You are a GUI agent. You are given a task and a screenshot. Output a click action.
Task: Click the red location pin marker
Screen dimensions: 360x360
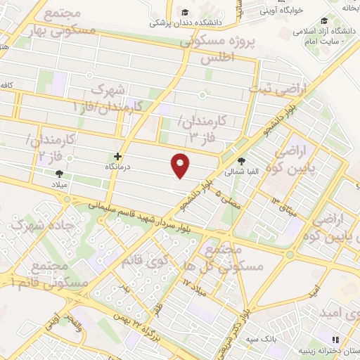point(181,165)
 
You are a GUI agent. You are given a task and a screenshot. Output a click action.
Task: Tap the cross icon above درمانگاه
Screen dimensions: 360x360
point(117,156)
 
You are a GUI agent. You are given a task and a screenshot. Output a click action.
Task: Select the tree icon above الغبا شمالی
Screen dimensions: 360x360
point(242,160)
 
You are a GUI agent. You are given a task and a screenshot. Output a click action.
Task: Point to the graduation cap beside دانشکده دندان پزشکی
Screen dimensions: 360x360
point(184,12)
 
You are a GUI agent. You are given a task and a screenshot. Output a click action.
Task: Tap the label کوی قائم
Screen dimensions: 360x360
point(150,261)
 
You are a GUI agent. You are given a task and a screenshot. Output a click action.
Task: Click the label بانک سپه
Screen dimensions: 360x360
point(260,339)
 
